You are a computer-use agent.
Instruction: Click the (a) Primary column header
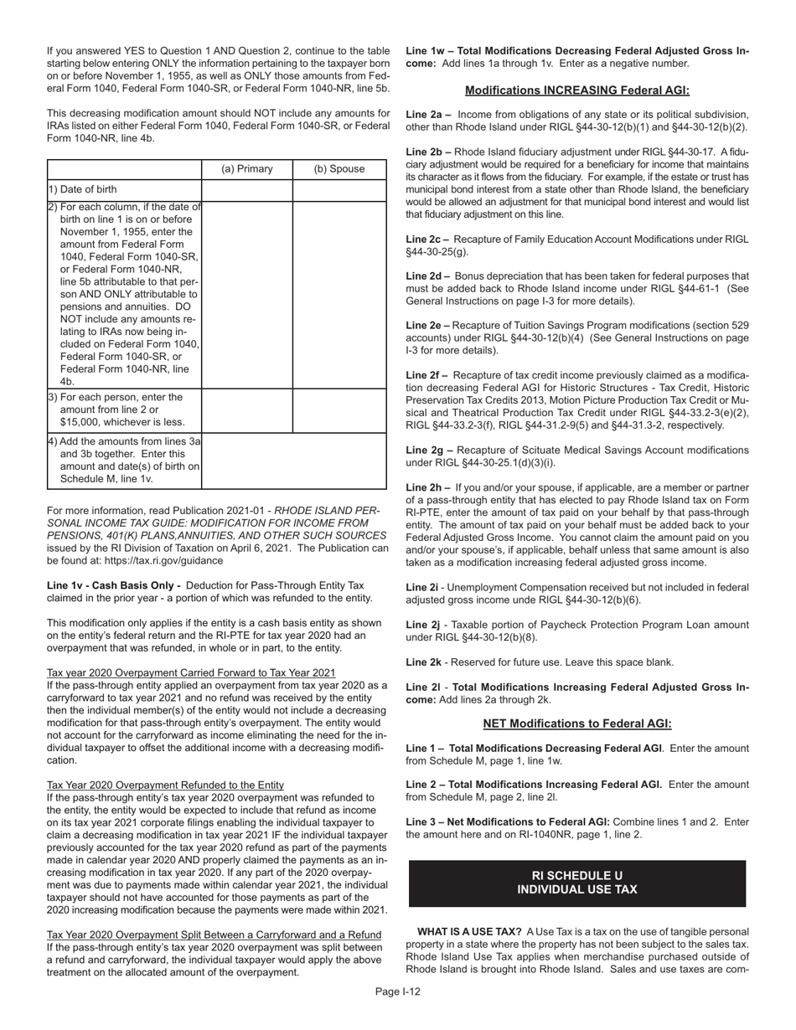(x=247, y=169)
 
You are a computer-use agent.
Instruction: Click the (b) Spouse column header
(x=339, y=169)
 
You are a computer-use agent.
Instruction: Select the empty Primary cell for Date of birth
(x=247, y=190)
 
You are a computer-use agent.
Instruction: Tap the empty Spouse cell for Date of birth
(x=339, y=190)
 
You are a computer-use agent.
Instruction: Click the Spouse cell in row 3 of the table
(x=339, y=409)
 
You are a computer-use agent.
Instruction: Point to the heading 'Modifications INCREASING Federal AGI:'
(x=577, y=90)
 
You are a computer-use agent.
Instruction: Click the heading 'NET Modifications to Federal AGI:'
(x=577, y=724)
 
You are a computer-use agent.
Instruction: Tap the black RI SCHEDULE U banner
(x=577, y=883)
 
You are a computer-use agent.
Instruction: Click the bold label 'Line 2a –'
(x=429, y=115)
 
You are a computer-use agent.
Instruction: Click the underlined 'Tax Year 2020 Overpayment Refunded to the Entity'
(x=165, y=785)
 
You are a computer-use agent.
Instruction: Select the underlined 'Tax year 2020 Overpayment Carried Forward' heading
(x=191, y=672)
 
